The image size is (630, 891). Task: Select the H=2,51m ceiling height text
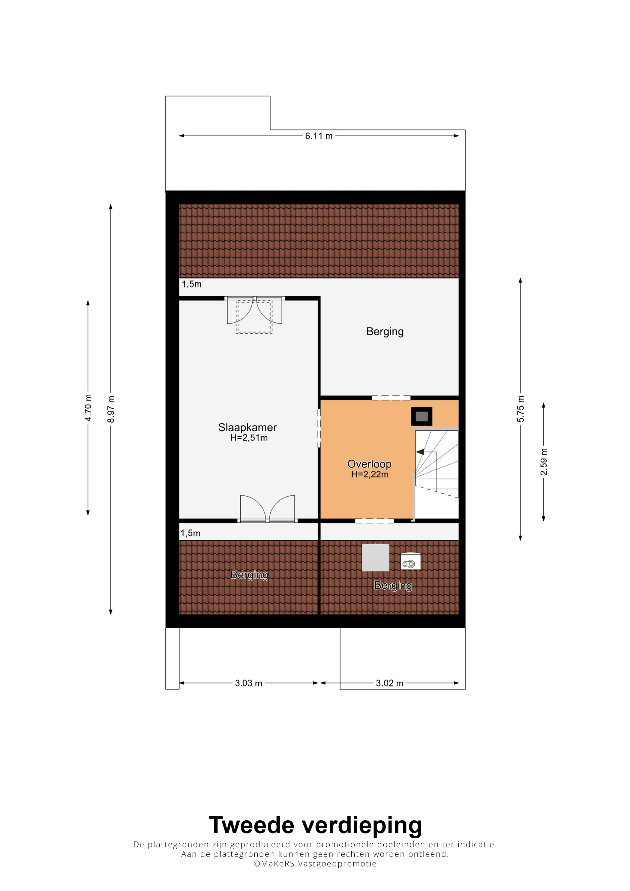(249, 438)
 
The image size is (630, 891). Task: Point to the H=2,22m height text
(370, 474)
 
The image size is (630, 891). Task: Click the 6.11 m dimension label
(319, 136)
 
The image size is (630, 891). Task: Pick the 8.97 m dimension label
(111, 409)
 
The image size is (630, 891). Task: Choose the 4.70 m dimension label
(88, 408)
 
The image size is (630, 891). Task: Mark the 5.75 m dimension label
(520, 409)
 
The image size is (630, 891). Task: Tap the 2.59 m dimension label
(543, 462)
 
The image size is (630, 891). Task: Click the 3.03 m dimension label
(248, 683)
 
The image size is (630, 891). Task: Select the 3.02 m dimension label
(389, 683)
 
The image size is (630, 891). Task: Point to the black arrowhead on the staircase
(420, 452)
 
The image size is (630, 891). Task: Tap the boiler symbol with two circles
(410, 561)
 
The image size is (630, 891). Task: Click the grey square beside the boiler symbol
(375, 558)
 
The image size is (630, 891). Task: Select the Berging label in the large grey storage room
(385, 331)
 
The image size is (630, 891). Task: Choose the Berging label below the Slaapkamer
(249, 575)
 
